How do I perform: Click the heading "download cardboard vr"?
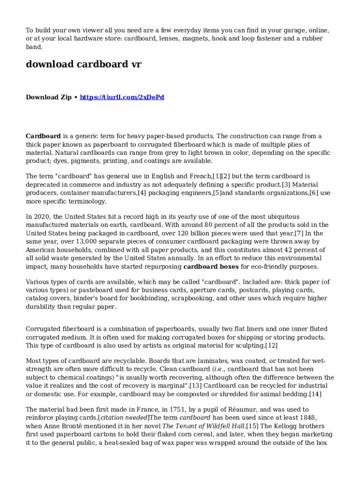[x=83, y=64]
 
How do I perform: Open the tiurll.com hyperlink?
[x=122, y=97]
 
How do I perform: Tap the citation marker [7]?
[x=300, y=233]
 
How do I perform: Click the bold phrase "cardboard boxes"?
[x=211, y=267]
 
